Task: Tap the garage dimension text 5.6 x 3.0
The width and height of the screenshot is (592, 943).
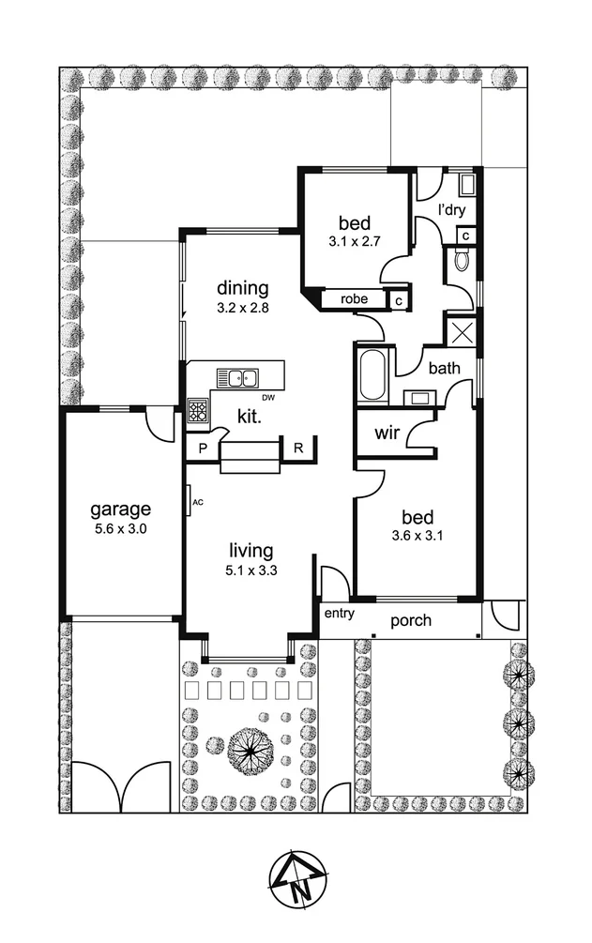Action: tap(120, 529)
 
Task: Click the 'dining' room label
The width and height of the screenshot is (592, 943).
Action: tap(243, 288)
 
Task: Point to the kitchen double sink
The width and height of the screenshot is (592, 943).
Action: tap(237, 378)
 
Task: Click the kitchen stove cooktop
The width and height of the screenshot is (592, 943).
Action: tap(198, 410)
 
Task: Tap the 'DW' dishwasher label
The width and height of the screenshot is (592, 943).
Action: tap(268, 398)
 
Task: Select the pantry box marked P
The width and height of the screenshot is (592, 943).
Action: tap(201, 449)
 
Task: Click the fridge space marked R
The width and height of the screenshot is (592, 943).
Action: tap(297, 449)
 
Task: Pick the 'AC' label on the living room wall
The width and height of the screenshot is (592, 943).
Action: tap(197, 502)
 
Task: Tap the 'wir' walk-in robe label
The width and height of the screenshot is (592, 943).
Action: tap(387, 433)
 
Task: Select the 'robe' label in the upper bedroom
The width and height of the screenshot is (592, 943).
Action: tap(354, 299)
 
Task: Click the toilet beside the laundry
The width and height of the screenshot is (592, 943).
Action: tap(463, 259)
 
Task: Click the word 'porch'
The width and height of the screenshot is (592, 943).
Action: tap(411, 620)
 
